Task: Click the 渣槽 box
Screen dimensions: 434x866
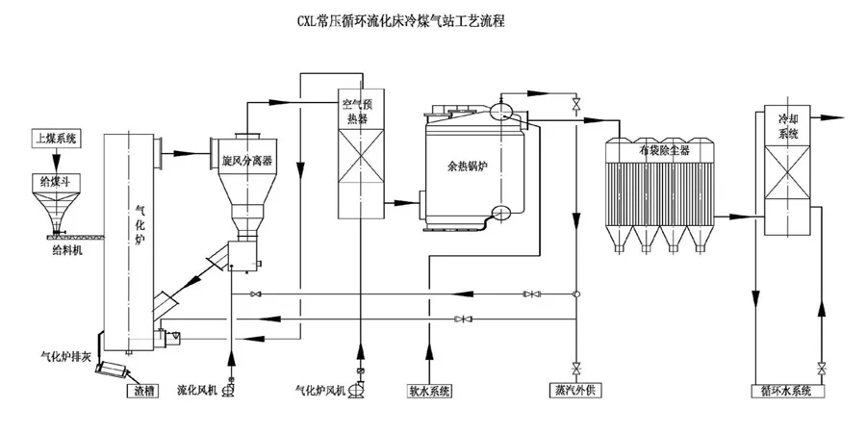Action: tap(138, 391)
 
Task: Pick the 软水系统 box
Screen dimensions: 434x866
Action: tap(429, 391)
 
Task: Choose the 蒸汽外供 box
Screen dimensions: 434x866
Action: tap(577, 391)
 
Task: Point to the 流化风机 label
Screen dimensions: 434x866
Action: tap(198, 391)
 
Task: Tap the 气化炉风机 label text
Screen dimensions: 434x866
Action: tap(322, 391)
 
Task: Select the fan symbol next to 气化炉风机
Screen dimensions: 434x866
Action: tap(360, 389)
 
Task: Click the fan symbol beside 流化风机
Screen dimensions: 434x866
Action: tap(231, 389)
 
